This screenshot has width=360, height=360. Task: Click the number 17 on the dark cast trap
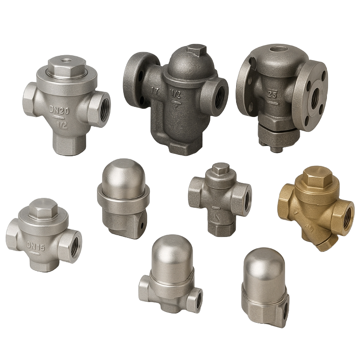pos(155,91)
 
